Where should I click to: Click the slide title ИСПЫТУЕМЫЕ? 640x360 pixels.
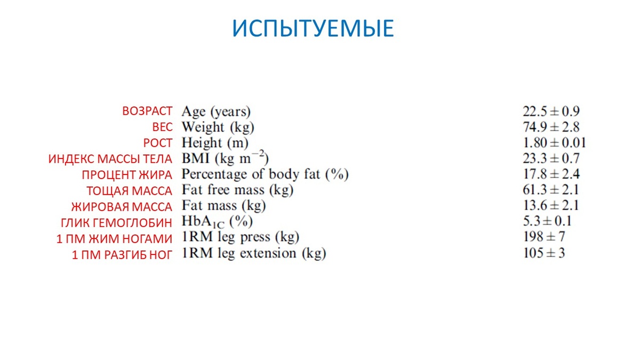point(313,28)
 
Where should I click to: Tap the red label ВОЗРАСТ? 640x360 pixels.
point(147,111)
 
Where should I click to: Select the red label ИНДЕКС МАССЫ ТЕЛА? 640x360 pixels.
point(110,159)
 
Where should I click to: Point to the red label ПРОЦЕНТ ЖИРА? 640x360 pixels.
point(127,175)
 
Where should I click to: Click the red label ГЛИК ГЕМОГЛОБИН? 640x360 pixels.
point(116,223)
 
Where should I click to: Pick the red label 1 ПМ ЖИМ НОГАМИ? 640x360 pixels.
point(114,239)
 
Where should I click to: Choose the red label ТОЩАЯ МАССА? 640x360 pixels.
point(130,191)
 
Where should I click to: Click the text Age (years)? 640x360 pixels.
point(216,112)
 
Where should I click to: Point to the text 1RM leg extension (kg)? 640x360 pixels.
point(254,254)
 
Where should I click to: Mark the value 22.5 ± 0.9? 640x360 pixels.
point(551,111)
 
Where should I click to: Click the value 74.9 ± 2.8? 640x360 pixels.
point(551,127)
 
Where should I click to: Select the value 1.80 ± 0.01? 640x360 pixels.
point(554,143)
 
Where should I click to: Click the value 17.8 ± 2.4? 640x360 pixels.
point(551,174)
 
